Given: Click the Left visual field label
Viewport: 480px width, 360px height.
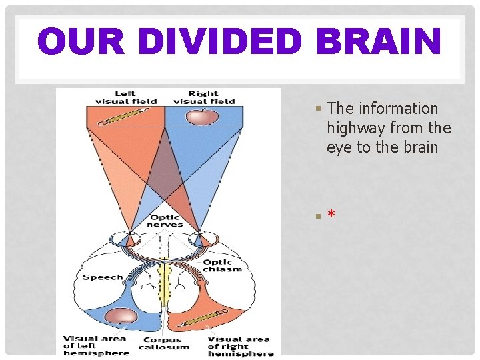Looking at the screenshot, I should [x=125, y=97].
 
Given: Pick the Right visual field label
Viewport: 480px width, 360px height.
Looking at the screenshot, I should [x=203, y=97].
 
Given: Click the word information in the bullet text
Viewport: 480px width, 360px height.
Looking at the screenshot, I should [x=399, y=109].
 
